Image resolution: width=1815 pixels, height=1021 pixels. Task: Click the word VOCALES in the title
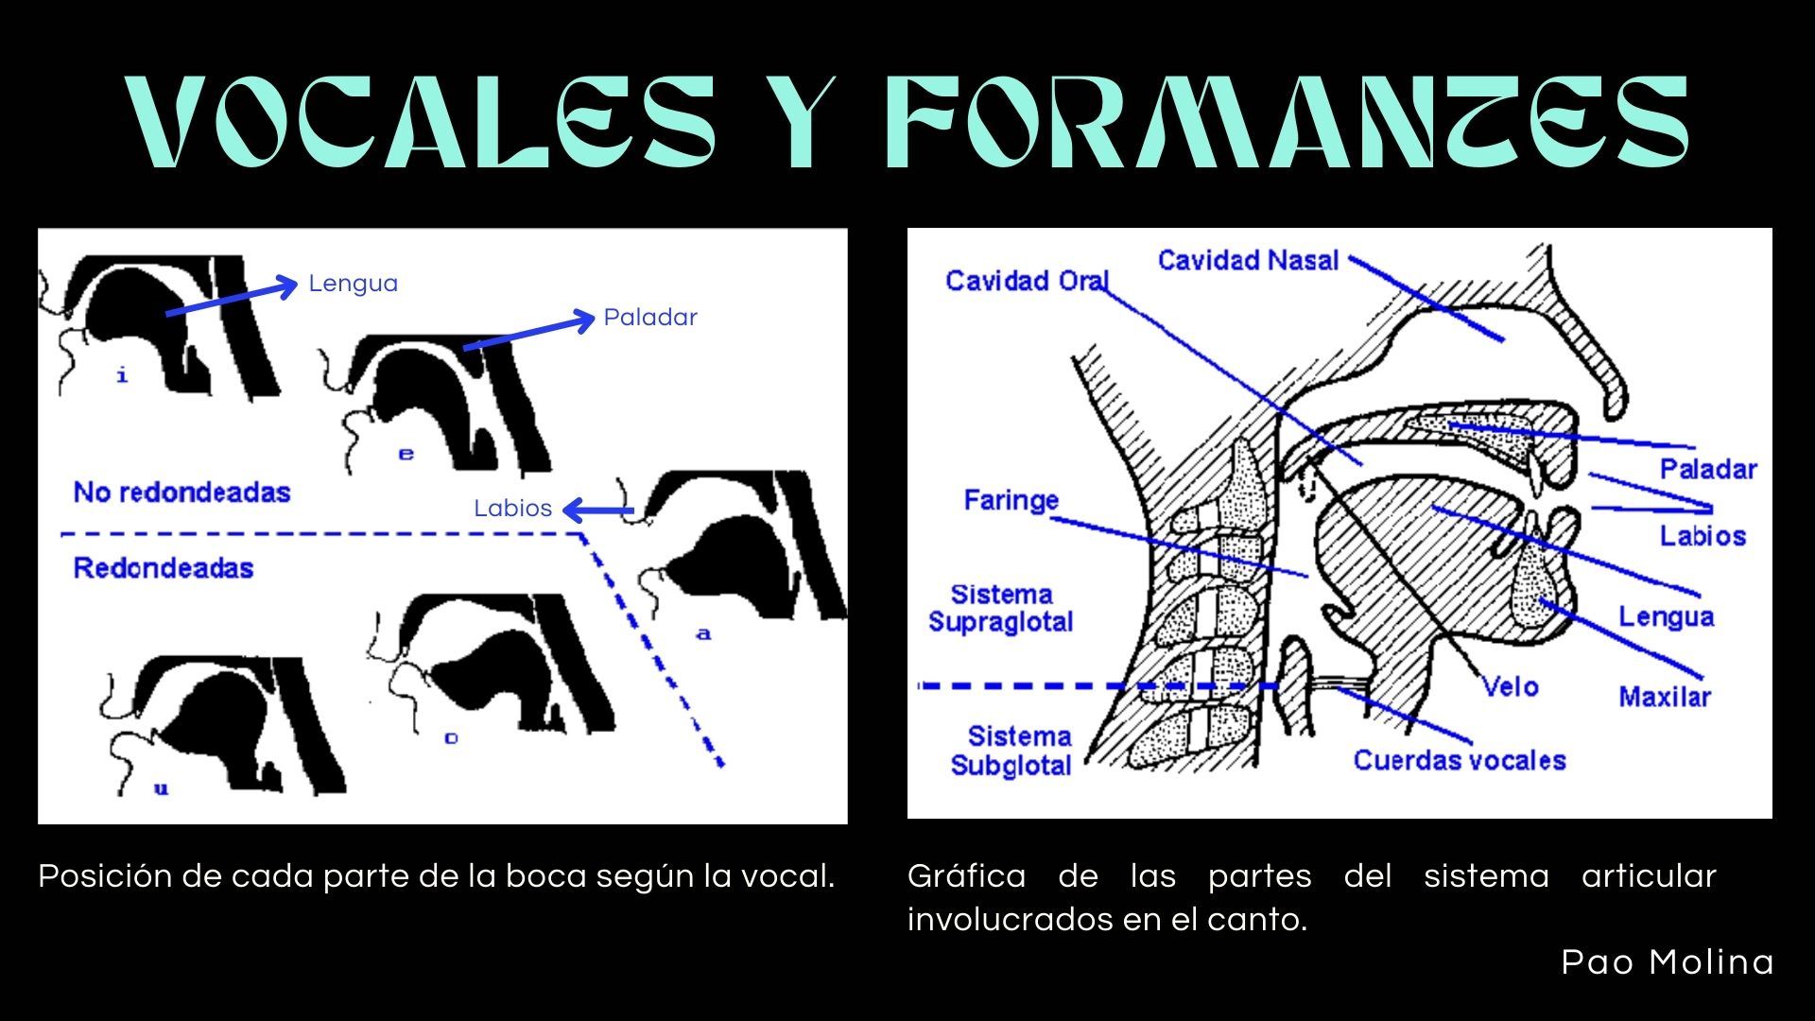click(x=423, y=123)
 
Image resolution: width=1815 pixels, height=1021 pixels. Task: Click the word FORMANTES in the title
click(x=1286, y=123)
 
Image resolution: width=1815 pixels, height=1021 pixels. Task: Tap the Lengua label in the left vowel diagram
click(x=353, y=284)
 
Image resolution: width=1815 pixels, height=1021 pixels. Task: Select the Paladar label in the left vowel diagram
click(x=650, y=318)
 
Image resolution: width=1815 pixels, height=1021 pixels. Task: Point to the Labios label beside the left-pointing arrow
click(x=512, y=509)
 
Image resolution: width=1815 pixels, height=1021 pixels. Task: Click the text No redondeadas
click(x=181, y=493)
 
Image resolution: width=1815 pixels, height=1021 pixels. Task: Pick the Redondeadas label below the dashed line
click(x=164, y=568)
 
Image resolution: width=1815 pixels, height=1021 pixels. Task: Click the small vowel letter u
click(x=161, y=788)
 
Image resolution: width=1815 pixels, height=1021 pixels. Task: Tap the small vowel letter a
click(x=703, y=634)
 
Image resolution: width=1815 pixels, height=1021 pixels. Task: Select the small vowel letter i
click(x=122, y=376)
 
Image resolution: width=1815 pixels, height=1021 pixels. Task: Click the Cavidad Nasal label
click(x=1248, y=261)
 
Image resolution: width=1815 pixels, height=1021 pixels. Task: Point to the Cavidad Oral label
click(x=1026, y=281)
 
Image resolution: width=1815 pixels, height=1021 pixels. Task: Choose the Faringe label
click(x=1011, y=500)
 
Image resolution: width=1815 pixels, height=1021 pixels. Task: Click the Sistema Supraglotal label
click(x=1001, y=608)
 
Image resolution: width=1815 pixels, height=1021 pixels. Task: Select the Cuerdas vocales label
click(x=1459, y=760)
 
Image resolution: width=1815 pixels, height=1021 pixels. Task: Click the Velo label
click(x=1511, y=687)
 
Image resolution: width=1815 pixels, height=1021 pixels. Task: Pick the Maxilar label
click(x=1665, y=698)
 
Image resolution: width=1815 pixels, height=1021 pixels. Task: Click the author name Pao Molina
click(x=1667, y=962)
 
